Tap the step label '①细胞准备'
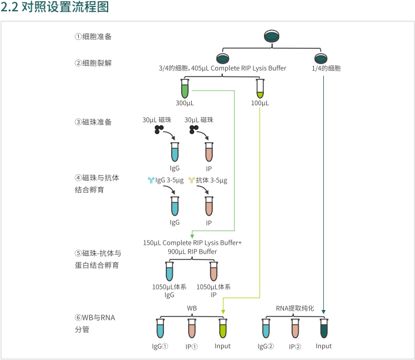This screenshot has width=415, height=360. point(93,36)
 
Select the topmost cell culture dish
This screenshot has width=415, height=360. point(272,36)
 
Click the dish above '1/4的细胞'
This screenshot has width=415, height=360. point(320,58)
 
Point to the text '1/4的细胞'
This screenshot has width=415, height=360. point(326,68)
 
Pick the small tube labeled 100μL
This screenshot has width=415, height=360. point(260,89)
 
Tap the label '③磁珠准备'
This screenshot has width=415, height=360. point(93,122)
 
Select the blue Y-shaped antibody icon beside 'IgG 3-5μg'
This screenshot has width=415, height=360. point(150,180)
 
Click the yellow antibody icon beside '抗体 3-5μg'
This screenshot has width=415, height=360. point(191,180)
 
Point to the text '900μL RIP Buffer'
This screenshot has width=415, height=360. point(192,251)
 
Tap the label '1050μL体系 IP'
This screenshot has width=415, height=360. point(213,291)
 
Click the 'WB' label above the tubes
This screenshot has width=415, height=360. point(192,308)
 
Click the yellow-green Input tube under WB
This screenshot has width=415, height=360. point(223,328)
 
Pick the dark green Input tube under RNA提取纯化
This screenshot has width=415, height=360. point(324,328)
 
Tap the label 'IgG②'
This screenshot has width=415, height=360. point(266,346)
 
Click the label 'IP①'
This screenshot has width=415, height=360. point(192,346)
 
